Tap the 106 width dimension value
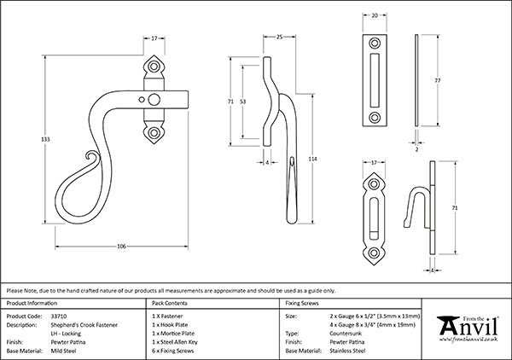pos(121,247)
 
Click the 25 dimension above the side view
pos(280,36)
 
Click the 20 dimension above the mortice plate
pos(376,15)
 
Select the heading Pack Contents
pos(167,303)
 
